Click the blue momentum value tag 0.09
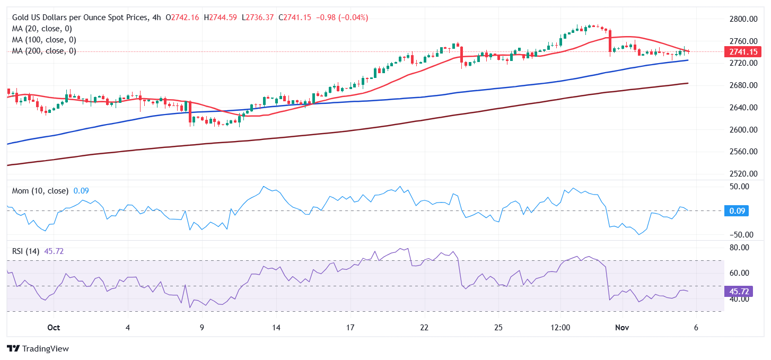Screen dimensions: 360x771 pos(738,210)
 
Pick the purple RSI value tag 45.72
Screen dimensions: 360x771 pos(739,291)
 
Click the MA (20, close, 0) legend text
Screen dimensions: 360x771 pos(42,29)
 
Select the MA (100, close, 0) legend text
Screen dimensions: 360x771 pos(44,40)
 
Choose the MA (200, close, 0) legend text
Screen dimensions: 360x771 pos(44,51)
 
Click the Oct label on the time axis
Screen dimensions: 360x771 pos(54,328)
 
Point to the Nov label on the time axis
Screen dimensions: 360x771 pos(622,328)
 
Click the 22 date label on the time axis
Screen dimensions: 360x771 pos(424,328)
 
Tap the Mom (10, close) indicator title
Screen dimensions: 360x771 pos(40,191)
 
